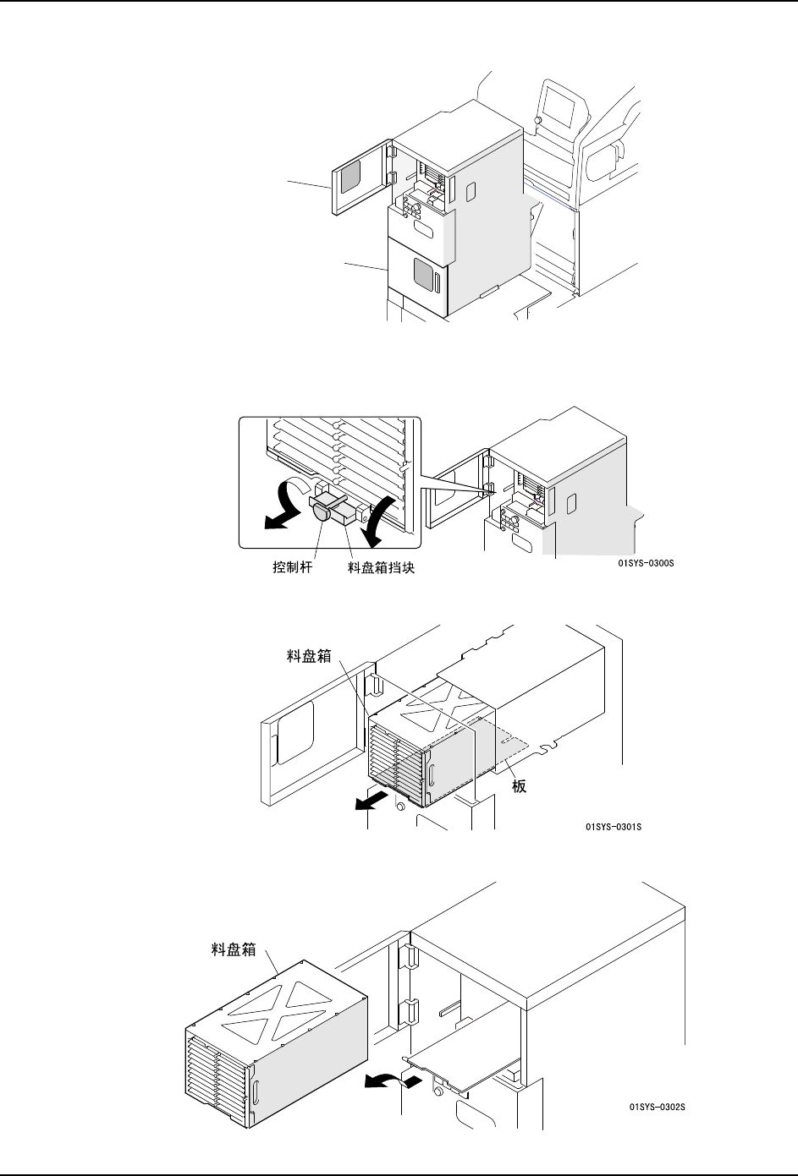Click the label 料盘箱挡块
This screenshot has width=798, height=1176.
coord(382,568)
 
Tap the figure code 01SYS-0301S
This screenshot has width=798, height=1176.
coord(614,826)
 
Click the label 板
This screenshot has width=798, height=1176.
coord(520,786)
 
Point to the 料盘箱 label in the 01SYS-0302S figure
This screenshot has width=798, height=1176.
coord(233,949)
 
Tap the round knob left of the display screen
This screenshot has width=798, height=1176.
coord(538,121)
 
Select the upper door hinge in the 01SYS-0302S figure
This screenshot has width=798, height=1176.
coord(406,958)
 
